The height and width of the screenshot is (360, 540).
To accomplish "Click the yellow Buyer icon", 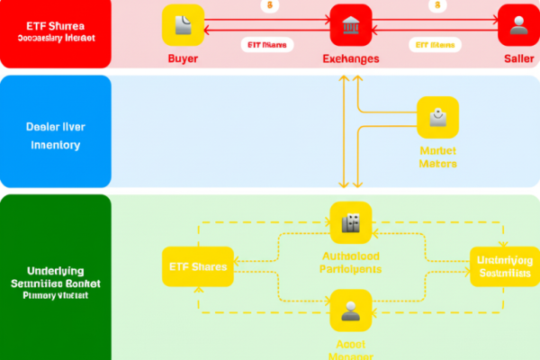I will [x=184, y=26].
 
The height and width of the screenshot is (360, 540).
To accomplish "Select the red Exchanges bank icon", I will [x=351, y=26].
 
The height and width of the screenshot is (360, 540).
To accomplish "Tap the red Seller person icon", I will [x=517, y=26].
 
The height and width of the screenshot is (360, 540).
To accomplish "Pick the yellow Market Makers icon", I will [x=438, y=118].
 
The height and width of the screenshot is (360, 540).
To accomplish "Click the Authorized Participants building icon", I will [x=351, y=222].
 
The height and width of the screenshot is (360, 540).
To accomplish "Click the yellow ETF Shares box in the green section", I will [x=197, y=266].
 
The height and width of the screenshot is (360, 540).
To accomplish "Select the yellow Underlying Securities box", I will [x=505, y=266].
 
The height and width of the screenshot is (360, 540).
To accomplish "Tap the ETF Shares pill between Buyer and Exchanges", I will [x=266, y=44].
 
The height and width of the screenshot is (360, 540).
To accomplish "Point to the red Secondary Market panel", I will [x=56, y=33].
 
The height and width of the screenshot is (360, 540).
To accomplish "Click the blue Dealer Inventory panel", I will [x=56, y=130].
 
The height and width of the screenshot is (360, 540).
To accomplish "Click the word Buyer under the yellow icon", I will [x=184, y=58].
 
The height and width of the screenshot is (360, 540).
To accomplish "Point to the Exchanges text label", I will [x=351, y=58].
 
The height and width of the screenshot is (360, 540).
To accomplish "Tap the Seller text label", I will [x=517, y=58].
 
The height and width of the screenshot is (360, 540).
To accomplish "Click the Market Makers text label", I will [x=438, y=157].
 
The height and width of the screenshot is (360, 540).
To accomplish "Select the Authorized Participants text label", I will [x=351, y=262].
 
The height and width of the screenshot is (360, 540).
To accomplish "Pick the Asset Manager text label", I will [x=351, y=349].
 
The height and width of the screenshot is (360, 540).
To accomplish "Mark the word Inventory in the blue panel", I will [x=56, y=145].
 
